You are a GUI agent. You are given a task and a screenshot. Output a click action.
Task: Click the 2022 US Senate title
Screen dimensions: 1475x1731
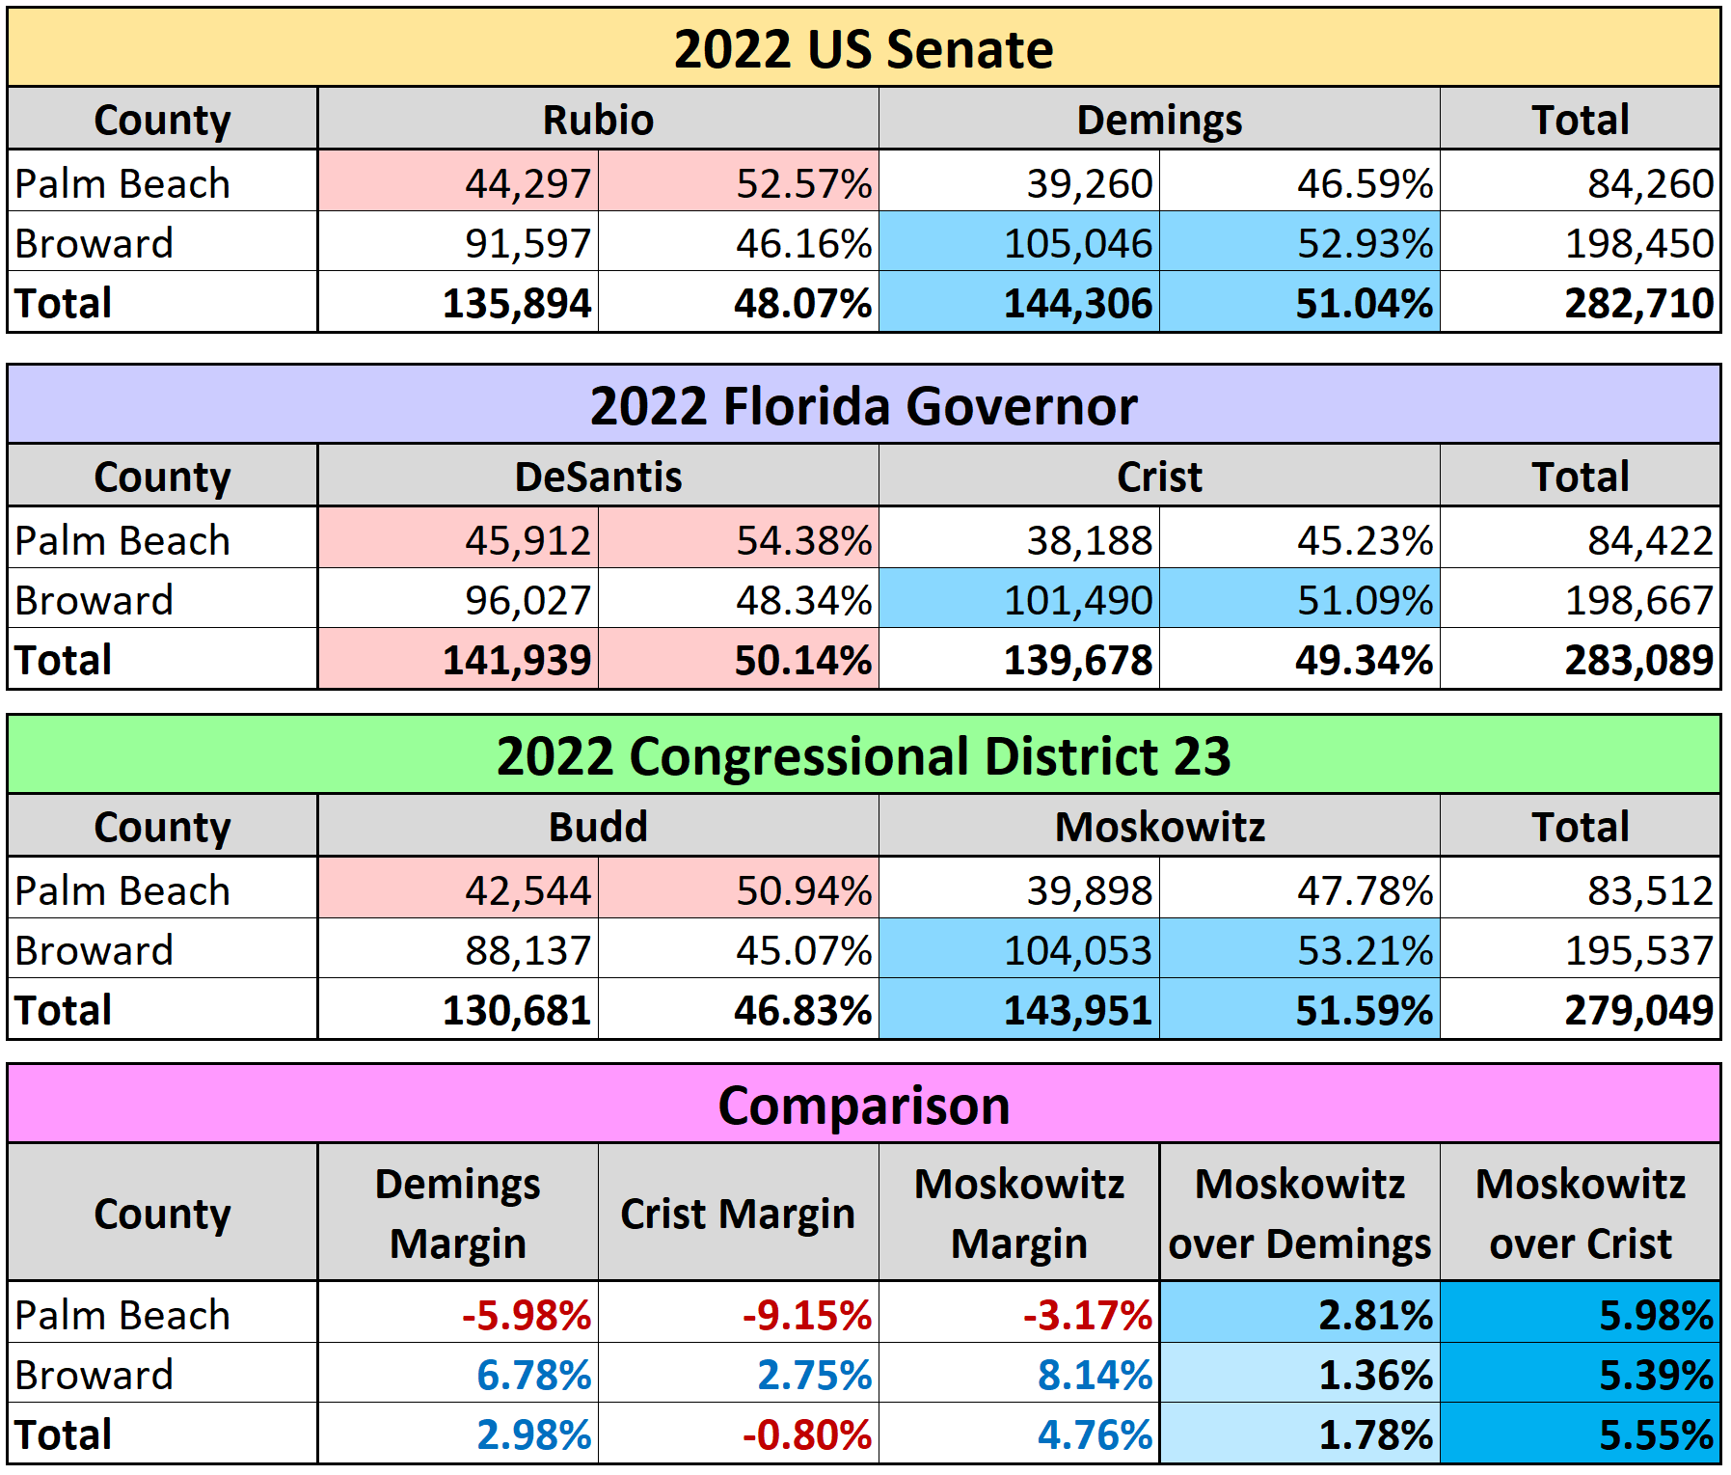coord(863,49)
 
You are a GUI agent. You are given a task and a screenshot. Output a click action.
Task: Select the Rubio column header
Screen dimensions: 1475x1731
coord(598,121)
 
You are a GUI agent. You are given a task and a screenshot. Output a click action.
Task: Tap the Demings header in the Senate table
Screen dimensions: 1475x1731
coord(1159,121)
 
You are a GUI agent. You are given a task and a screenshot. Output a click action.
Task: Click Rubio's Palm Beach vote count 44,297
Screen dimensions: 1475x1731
coord(527,183)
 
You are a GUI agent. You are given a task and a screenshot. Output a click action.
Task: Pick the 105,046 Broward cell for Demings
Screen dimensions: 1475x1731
coord(1077,243)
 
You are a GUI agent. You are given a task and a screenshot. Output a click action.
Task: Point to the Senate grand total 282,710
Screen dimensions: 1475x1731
coord(1638,303)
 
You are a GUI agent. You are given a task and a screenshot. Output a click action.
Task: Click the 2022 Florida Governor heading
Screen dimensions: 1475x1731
coord(863,406)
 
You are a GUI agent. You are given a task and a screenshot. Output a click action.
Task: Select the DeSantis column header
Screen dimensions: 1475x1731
coord(598,478)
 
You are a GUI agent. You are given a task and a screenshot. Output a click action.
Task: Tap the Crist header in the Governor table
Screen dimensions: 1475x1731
coord(1159,478)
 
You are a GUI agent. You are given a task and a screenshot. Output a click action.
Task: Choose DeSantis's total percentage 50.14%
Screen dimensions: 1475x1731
coord(802,660)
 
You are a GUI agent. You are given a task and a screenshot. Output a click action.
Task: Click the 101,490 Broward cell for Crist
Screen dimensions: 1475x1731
coord(1077,600)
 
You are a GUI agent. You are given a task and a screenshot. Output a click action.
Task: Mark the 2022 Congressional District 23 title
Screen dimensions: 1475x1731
coord(863,756)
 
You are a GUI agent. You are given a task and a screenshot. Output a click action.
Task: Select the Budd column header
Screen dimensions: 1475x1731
coord(598,828)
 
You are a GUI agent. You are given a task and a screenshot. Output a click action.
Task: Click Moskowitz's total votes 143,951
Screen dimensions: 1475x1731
coord(1077,1010)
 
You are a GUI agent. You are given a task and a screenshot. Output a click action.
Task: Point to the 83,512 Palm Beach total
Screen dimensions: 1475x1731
coord(1650,890)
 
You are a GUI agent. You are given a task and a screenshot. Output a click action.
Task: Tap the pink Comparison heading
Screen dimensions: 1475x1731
coord(863,1106)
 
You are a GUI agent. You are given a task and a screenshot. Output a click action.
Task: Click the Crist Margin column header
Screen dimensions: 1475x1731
coord(738,1214)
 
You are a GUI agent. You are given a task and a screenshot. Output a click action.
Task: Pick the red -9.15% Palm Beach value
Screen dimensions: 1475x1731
coord(806,1315)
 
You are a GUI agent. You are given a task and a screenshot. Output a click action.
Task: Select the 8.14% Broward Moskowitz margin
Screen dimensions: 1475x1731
coord(1095,1375)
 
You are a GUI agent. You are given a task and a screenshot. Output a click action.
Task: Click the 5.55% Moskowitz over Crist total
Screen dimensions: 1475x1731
coord(1655,1434)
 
